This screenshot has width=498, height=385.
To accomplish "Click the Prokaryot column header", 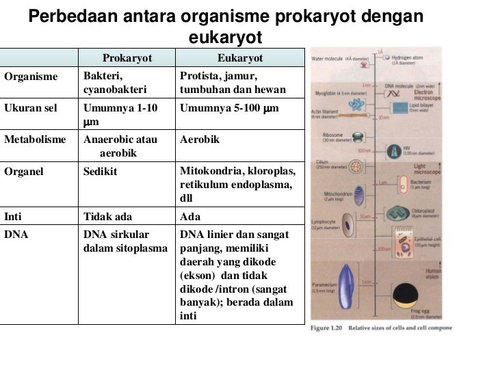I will [127, 58].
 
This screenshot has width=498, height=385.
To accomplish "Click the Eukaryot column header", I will [239, 58].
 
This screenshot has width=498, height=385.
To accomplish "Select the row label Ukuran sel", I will [30, 108].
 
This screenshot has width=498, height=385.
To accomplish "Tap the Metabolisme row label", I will [35, 140].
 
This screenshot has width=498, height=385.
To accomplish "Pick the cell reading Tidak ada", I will [107, 217].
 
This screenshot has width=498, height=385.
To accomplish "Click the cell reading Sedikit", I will [100, 171].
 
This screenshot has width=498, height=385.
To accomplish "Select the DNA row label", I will [15, 235].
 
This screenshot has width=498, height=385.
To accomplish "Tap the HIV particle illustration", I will [395, 152].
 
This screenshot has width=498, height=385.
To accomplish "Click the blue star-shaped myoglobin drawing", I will [357, 105].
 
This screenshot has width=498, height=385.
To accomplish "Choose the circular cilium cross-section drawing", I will [356, 166].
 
